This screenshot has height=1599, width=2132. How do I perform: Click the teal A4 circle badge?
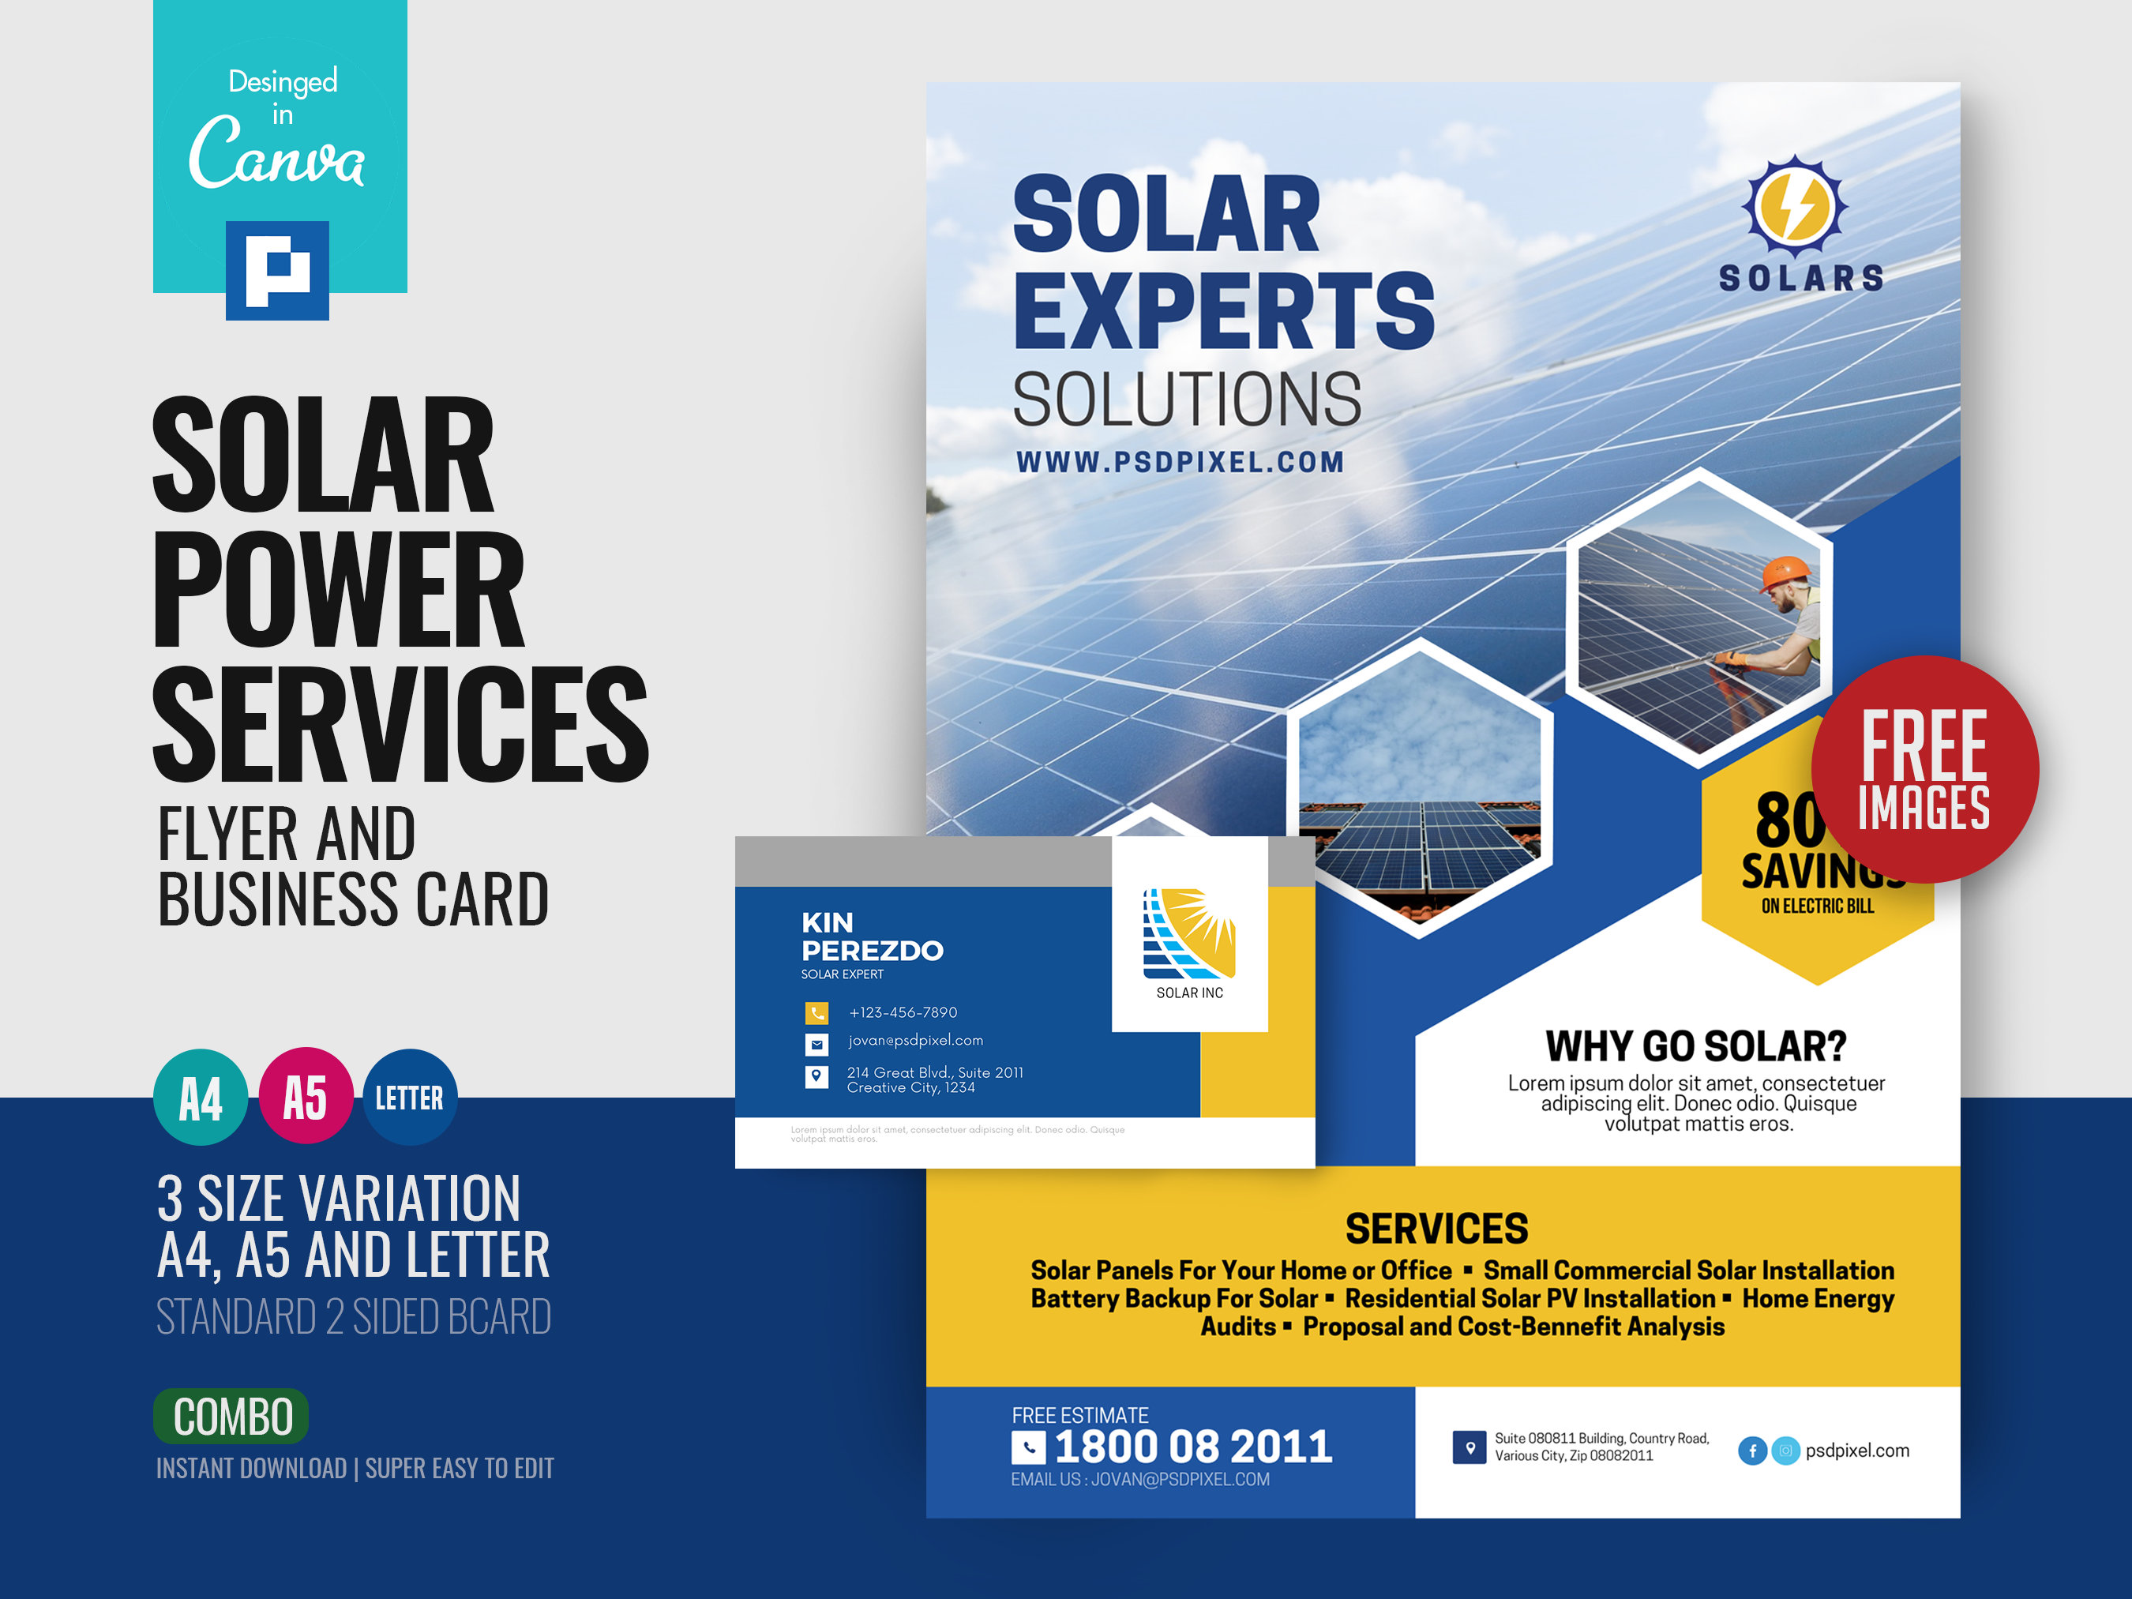[x=201, y=1097]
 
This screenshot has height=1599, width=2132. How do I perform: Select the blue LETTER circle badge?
[x=410, y=1097]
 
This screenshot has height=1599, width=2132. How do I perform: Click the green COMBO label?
[x=231, y=1416]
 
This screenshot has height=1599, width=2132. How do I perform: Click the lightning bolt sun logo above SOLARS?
[x=1794, y=205]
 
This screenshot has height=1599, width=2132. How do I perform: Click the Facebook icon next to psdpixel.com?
[x=1751, y=1450]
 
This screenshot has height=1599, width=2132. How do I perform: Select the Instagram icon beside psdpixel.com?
[x=1785, y=1450]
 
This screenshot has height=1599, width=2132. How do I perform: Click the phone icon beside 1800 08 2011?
[x=1027, y=1447]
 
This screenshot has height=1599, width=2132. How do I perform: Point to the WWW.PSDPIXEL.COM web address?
[x=1180, y=462]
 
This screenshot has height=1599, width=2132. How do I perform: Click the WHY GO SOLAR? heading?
[x=1695, y=1045]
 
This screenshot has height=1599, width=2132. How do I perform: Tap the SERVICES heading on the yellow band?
[x=1436, y=1228]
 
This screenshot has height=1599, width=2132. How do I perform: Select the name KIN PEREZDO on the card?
[x=871, y=936]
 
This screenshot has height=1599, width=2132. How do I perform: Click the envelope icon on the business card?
[x=816, y=1044]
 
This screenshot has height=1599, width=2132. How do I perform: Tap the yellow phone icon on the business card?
[x=816, y=1012]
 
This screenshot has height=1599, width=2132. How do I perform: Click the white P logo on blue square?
[x=278, y=271]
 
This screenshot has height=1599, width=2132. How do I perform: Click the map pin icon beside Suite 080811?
[x=1469, y=1447]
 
